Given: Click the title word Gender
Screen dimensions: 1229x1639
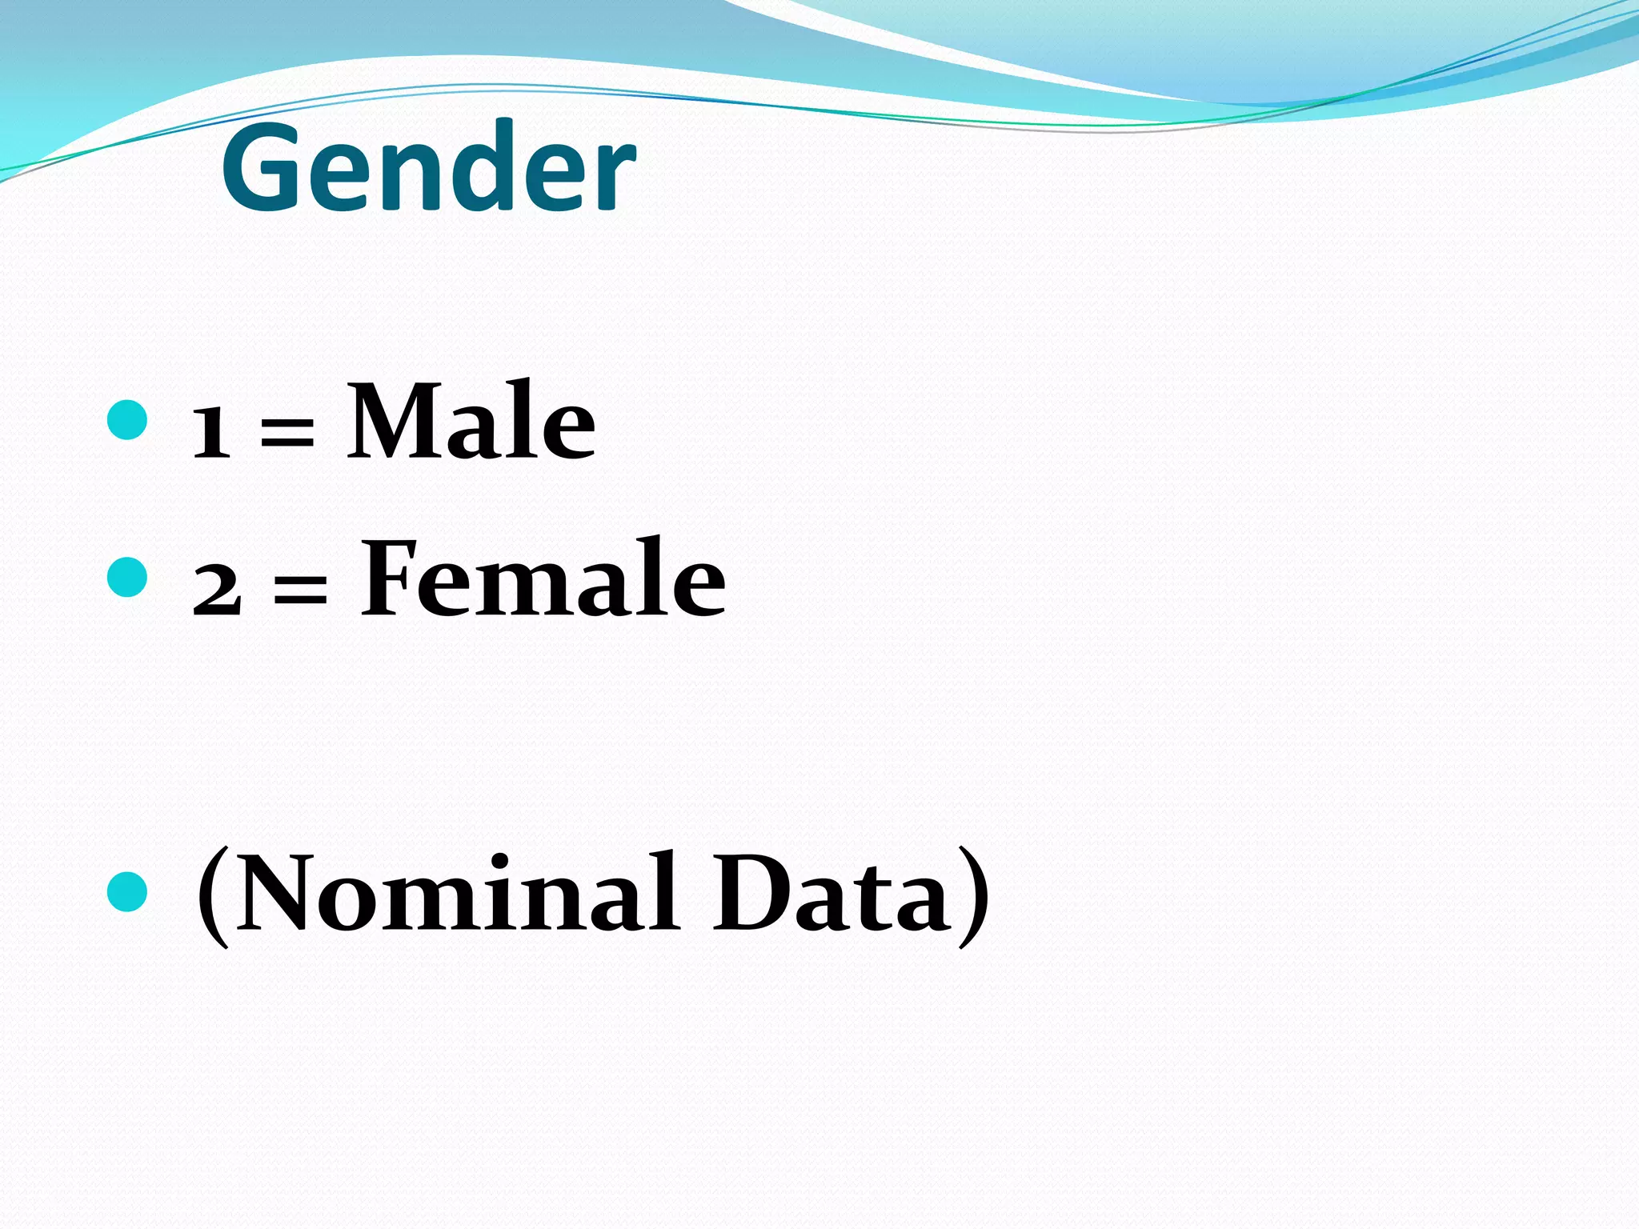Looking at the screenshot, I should (x=428, y=168).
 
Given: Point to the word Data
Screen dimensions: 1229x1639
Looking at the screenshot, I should (x=832, y=894).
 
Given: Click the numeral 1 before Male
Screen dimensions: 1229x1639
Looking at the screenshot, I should (x=211, y=433).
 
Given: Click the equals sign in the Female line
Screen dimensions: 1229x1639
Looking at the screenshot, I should (x=300, y=592).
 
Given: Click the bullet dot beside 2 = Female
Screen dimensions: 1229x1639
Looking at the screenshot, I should (x=126, y=577).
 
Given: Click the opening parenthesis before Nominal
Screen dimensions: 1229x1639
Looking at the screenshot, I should (x=213, y=898).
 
